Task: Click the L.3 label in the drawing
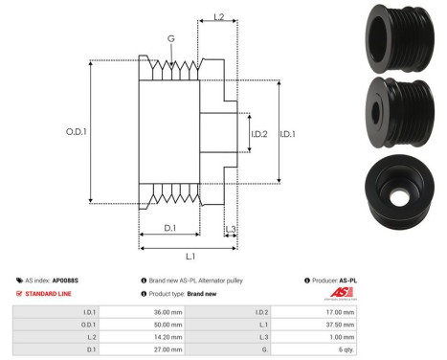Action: click(233, 228)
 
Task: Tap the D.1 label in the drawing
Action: click(168, 228)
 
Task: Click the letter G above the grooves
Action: click(169, 39)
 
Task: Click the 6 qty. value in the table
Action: click(407, 349)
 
